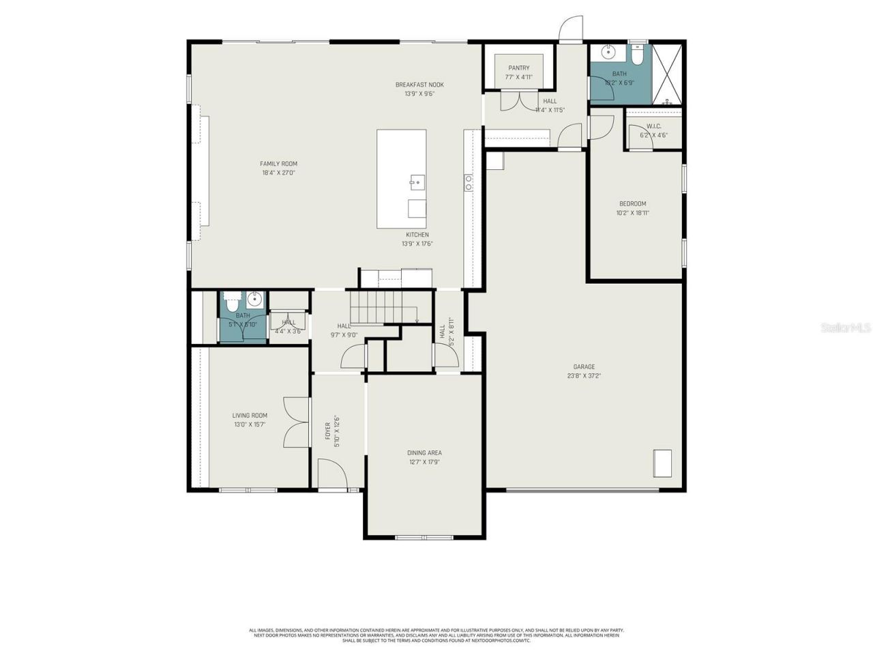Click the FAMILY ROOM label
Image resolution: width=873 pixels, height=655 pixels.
point(278,164)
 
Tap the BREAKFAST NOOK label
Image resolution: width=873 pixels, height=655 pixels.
point(419,85)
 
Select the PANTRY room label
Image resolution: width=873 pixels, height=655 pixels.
point(518,68)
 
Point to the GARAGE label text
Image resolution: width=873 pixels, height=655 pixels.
point(584,366)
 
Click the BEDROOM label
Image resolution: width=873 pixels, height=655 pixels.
point(632,203)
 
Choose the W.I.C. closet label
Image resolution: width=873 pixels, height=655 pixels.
point(653,126)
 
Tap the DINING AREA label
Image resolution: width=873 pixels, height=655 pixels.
point(424,452)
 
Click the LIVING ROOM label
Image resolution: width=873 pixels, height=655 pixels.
point(250,416)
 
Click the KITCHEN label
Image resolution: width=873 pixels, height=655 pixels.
point(417,235)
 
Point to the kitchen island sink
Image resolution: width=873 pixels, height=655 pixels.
point(417,181)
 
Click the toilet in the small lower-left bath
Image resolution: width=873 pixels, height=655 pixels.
point(231,299)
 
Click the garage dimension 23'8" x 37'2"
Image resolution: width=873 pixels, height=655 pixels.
point(584,376)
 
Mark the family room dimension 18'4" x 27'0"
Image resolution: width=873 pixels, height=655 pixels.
point(278,173)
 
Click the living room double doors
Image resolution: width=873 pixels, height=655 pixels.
point(297,422)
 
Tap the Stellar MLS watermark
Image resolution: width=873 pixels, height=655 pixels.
point(846,328)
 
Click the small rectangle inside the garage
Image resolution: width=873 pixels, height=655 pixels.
point(662,463)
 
